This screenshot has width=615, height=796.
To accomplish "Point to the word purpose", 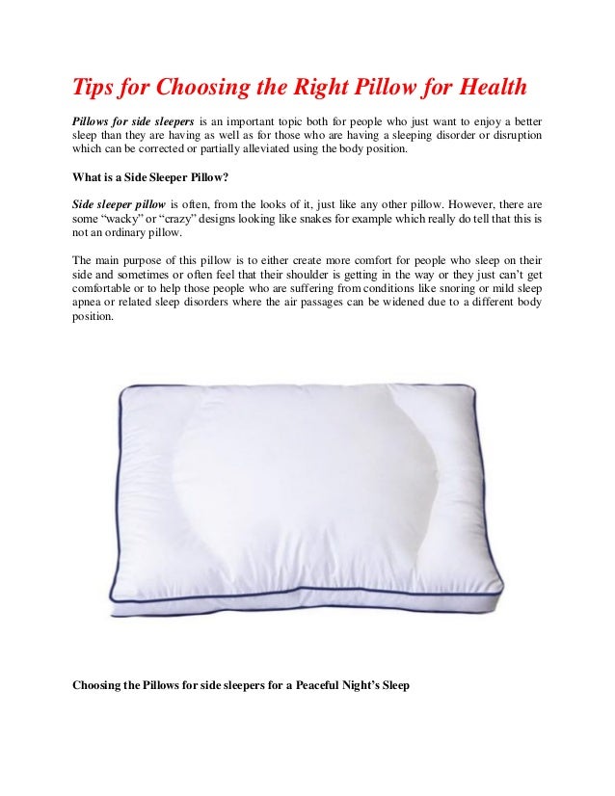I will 144,261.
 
